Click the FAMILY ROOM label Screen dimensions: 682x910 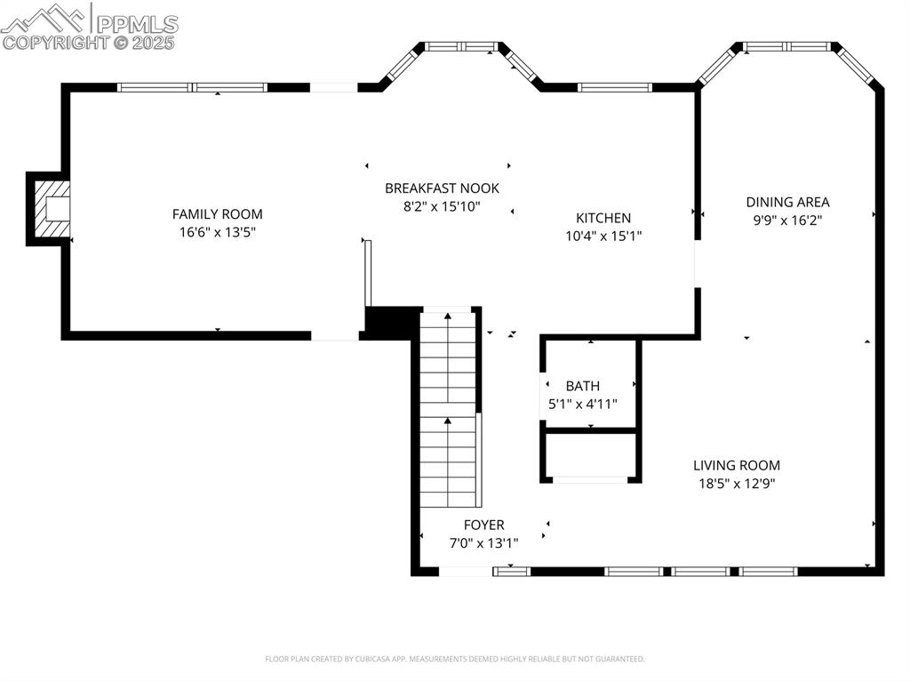click(217, 214)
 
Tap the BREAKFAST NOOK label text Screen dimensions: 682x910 click(442, 189)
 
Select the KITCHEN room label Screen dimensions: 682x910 click(603, 218)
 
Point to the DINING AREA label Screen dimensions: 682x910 click(787, 202)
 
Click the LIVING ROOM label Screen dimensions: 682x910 click(737, 465)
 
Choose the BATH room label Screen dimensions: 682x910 click(582, 386)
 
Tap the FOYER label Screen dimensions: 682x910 click(483, 526)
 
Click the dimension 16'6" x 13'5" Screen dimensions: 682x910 click(217, 232)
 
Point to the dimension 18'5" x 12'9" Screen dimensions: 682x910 click(737, 484)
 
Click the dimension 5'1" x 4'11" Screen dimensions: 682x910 click(582, 404)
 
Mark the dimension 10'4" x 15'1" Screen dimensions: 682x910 click(603, 236)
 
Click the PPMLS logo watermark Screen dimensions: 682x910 click(89, 20)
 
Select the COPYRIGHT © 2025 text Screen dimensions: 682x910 click(89, 42)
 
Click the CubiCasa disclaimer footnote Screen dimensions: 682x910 click(454, 659)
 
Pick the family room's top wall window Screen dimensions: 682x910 click(193, 87)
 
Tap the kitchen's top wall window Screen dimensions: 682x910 click(615, 87)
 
